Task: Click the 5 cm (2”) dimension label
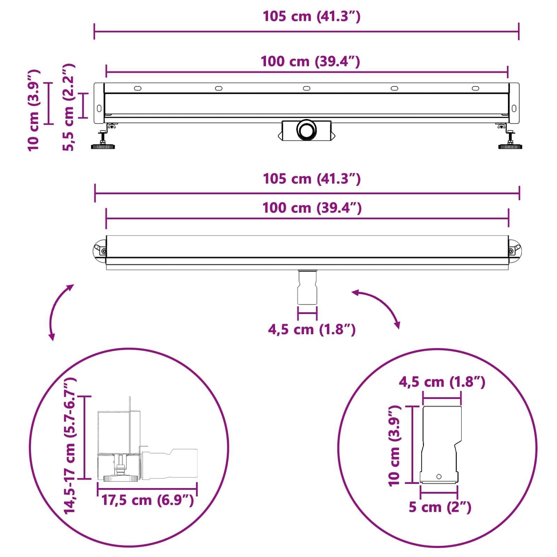(x=440, y=507)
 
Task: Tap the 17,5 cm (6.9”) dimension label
(x=147, y=500)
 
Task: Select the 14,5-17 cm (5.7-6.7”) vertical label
(x=70, y=446)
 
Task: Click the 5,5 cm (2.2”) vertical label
(x=69, y=107)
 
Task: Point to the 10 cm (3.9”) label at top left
(x=34, y=110)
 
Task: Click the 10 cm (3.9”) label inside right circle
(x=394, y=446)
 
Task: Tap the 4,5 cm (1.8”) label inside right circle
(x=442, y=382)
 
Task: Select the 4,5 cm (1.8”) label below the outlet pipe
(x=312, y=329)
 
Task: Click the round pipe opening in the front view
(x=307, y=130)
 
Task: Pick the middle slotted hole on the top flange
(x=306, y=88)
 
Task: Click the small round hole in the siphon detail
(x=439, y=477)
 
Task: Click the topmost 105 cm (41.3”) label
(x=311, y=16)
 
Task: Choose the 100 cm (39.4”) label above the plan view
(x=312, y=208)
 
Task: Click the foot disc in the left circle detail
(x=120, y=479)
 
